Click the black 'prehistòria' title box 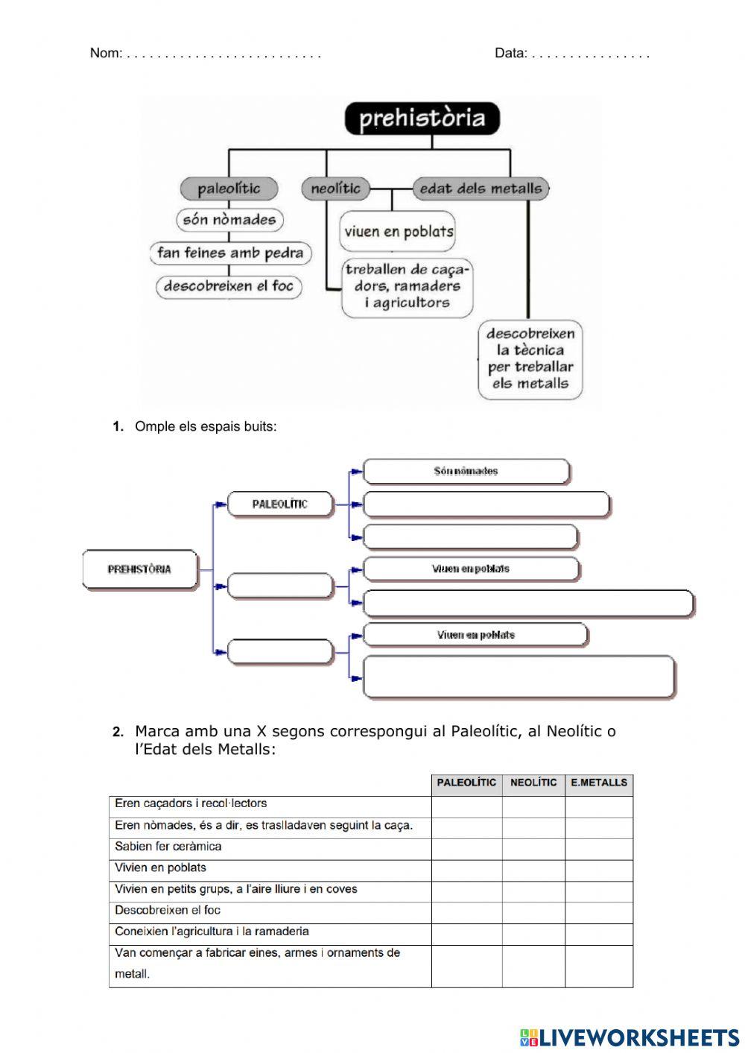click(422, 118)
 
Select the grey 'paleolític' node click(229, 189)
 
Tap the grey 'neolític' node click(335, 189)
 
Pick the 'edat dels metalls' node click(481, 189)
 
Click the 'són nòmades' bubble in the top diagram click(229, 220)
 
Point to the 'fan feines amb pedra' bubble click(230, 253)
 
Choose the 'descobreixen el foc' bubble click(229, 286)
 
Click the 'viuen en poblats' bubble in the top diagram click(399, 232)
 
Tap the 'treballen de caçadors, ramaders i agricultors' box click(408, 286)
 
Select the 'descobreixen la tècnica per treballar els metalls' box click(530, 359)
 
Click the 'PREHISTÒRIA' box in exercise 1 click(139, 569)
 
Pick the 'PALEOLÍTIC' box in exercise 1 click(279, 505)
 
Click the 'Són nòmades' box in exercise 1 click(466, 471)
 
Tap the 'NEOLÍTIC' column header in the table click(533, 783)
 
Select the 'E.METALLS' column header click(599, 783)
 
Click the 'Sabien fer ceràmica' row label click(168, 847)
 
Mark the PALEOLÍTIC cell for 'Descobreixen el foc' click(466, 911)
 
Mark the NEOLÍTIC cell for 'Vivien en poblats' click(533, 868)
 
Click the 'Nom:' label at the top click(106, 53)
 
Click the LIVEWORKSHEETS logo click(630, 1037)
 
